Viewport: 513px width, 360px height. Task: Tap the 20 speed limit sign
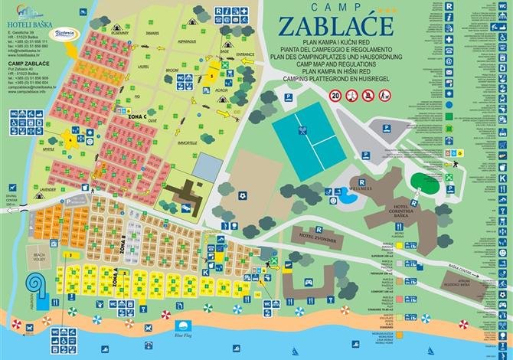tap(335, 96)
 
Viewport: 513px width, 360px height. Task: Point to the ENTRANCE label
tap(245, 55)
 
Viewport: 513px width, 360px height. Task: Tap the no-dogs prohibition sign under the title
tap(368, 96)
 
